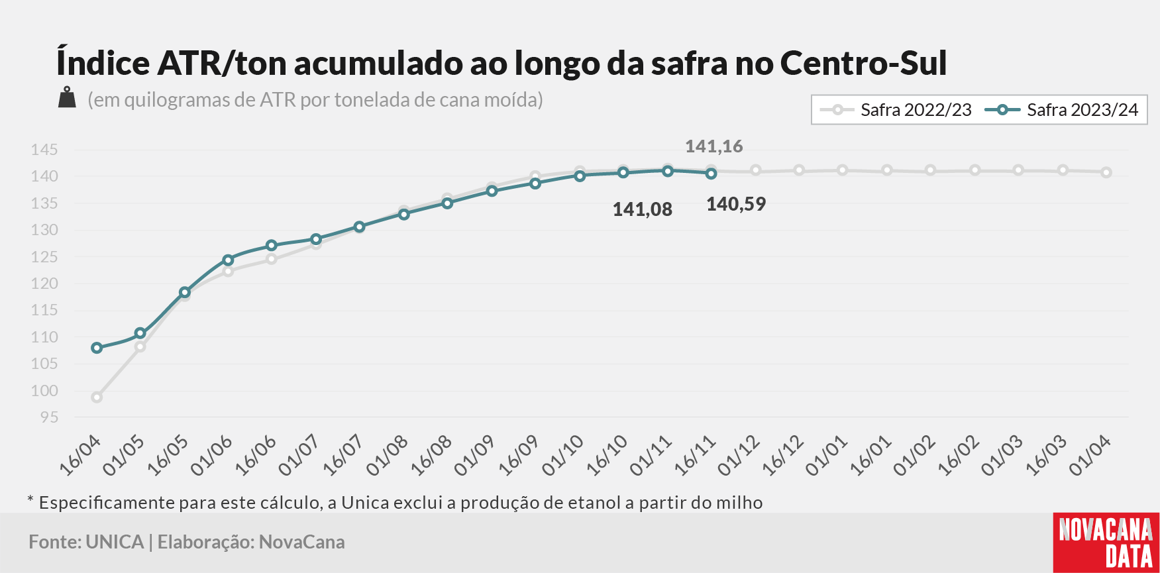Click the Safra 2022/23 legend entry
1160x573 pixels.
pos(896,110)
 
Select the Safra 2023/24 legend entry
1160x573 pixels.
pos(1062,110)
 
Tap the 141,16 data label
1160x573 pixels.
pos(713,146)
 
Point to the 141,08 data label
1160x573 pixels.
pos(642,210)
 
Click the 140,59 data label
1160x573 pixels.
pos(736,204)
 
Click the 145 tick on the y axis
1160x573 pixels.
pos(44,150)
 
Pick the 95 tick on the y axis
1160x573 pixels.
pos(49,417)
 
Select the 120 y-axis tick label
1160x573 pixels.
pos(44,284)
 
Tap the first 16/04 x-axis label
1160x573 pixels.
pos(80,455)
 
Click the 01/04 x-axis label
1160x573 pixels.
pos(1090,455)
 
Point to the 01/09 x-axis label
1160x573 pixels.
pos(474,455)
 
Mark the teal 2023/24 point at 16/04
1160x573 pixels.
pos(97,348)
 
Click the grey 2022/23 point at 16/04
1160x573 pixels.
pos(97,397)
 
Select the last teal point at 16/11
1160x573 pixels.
pos(712,174)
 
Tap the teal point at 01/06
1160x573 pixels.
pos(229,260)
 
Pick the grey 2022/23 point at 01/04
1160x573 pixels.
pos(1106,172)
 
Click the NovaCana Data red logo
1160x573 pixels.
pos(1106,543)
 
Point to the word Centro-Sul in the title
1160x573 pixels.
pos(863,63)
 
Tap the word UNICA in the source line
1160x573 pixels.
pos(115,542)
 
